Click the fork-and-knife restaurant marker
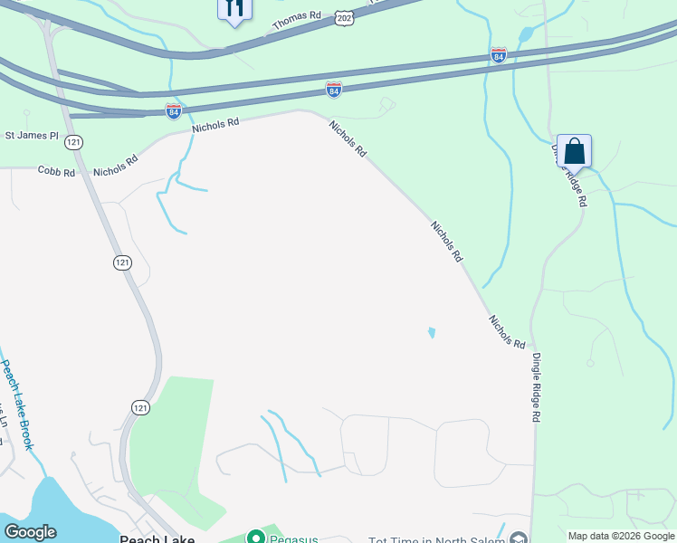[x=234, y=10]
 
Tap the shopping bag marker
[x=574, y=150]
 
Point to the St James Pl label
[x=32, y=136]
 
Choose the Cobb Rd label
[x=56, y=170]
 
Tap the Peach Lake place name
[x=157, y=538]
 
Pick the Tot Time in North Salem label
[x=436, y=538]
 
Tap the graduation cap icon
[x=518, y=538]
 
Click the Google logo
[x=30, y=532]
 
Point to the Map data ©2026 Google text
[x=620, y=536]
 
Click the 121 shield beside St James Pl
[x=74, y=142]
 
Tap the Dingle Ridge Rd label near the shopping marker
[x=569, y=176]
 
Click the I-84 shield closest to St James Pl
[x=174, y=110]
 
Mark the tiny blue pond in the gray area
[x=432, y=333]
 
